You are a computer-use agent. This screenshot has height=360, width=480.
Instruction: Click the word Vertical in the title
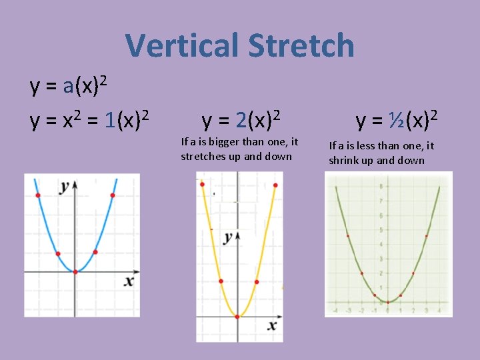181,46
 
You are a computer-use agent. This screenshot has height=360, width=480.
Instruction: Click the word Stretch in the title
301,46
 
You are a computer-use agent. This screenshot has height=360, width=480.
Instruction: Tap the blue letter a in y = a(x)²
67,87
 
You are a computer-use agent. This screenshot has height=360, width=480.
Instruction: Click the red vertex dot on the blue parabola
75,271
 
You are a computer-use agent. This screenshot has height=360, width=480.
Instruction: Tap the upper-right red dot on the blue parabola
113,195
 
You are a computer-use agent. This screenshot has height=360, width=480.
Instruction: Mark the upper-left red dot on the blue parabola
38,195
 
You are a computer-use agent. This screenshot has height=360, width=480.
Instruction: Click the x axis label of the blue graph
129,281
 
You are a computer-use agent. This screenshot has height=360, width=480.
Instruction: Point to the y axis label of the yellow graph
229,237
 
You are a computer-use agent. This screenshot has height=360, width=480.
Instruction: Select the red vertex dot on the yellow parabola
237,317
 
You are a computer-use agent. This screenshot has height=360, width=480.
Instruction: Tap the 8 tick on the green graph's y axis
380,186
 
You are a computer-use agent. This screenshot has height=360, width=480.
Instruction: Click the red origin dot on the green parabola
388,302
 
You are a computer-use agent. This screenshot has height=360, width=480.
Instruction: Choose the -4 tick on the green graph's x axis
335,310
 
